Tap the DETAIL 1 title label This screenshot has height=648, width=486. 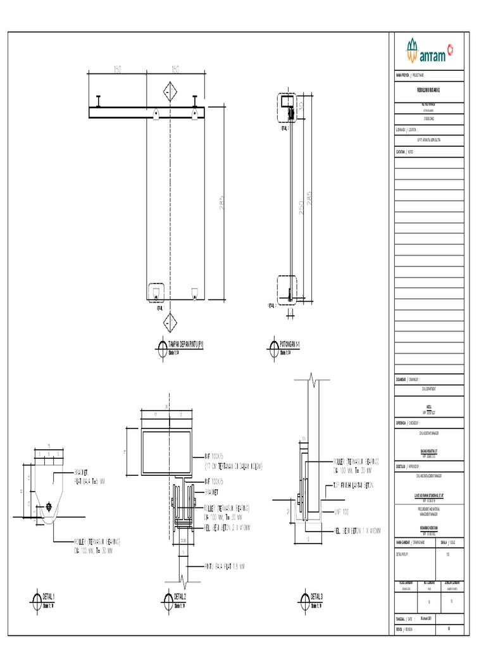pos(48,597)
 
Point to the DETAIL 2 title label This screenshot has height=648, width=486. pos(180,597)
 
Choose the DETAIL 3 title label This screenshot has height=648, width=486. pos(316,597)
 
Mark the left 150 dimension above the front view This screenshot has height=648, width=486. pos(118,69)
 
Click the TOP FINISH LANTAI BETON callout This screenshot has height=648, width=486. pos(354,485)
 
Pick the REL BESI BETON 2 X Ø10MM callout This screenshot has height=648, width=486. pos(227,527)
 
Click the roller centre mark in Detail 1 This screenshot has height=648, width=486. pos(49,507)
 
